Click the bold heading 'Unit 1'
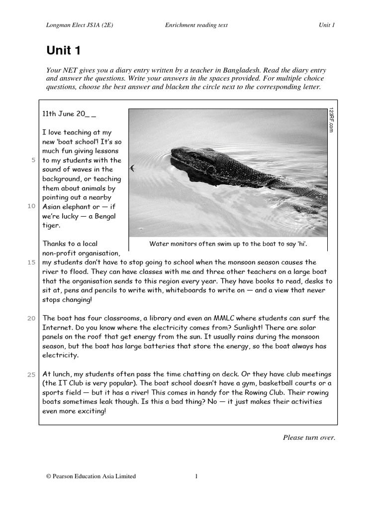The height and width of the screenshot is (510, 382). [63, 50]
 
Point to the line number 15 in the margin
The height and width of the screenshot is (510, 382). [31, 262]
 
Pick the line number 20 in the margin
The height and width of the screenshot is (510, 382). [31, 318]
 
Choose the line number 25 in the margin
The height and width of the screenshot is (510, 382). [31, 374]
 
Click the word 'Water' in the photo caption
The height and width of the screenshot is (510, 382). [160, 244]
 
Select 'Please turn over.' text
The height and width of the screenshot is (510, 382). [309, 438]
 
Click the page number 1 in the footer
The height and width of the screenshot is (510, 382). [196, 477]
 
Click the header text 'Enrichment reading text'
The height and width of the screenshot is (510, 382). [196, 26]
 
